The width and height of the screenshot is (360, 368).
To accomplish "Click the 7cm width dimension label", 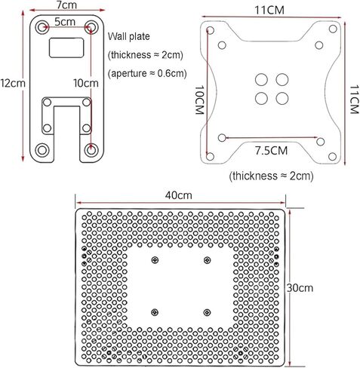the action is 66,5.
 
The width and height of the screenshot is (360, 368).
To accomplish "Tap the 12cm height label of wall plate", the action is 13,83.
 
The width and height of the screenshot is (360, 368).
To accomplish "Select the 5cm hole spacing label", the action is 65,22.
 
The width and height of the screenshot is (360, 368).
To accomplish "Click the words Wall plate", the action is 129,37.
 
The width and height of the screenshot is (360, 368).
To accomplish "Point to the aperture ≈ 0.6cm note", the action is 147,73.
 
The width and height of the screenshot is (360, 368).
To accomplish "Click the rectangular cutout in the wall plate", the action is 66,48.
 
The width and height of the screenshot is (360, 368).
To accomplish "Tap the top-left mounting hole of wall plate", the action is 42,26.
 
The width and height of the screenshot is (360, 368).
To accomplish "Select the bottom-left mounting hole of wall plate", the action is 42,150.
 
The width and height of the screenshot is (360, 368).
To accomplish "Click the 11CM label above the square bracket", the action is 269,11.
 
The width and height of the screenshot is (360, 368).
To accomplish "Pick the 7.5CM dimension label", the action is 272,151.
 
